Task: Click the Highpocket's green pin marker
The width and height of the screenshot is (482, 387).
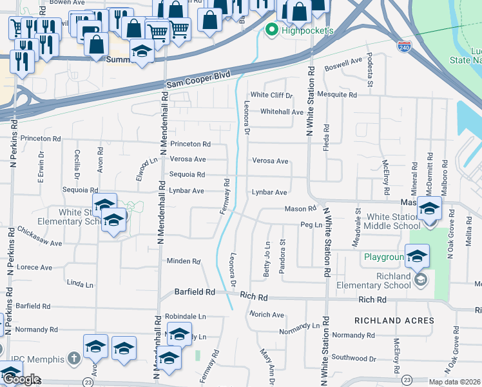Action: click(271, 30)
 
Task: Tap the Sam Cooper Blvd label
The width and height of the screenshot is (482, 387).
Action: click(198, 79)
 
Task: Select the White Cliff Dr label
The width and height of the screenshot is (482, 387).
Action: click(271, 95)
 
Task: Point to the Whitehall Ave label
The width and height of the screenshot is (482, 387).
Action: click(281, 112)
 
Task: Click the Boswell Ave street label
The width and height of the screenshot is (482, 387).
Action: click(343, 63)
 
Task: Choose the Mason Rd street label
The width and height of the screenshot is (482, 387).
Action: click(300, 209)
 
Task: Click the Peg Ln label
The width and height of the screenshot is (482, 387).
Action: click(311, 224)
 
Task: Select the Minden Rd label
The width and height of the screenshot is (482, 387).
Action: click(184, 261)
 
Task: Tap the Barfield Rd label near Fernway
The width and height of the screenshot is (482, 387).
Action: click(195, 292)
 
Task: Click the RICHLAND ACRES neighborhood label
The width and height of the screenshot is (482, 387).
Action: click(394, 321)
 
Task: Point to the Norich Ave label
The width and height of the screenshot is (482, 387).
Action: click(267, 315)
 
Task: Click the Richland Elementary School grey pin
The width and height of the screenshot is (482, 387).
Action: click(420, 279)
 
